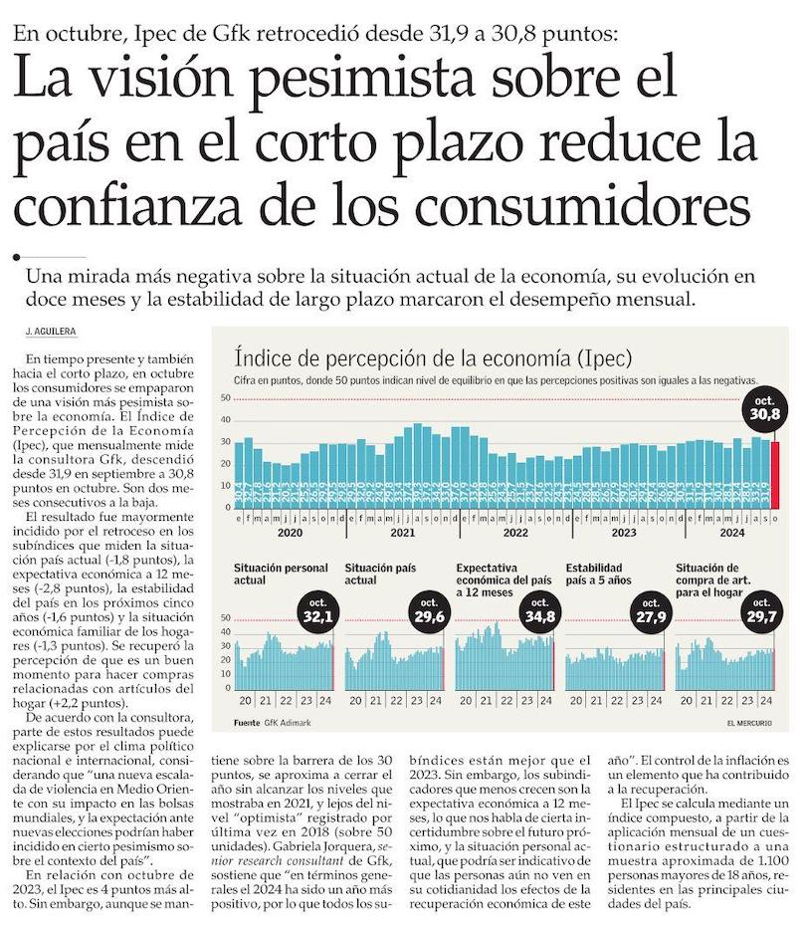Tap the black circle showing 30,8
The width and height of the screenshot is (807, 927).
[x=764, y=409]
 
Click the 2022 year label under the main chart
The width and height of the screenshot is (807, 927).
[x=514, y=533]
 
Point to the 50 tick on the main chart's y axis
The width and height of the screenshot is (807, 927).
[x=225, y=398]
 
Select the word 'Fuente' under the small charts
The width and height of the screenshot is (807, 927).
[x=247, y=722]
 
